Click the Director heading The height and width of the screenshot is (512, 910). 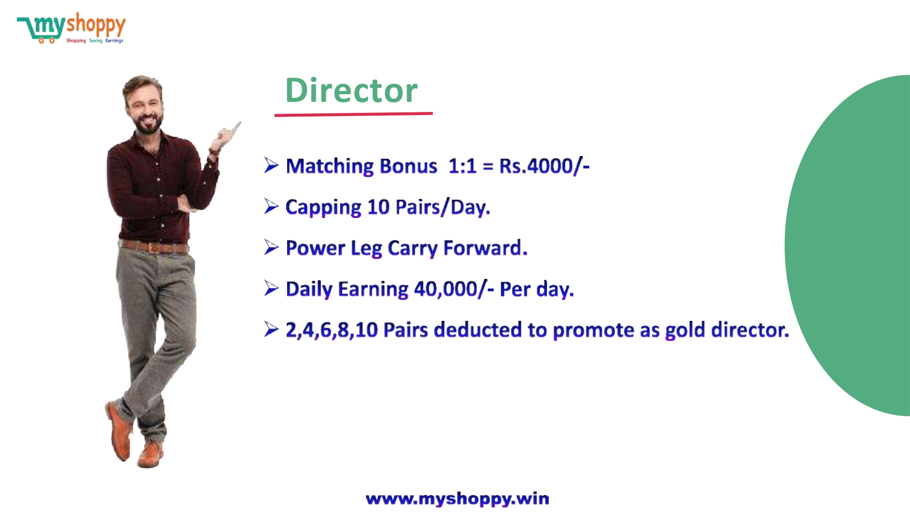[x=351, y=90]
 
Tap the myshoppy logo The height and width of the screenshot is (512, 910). [x=71, y=28]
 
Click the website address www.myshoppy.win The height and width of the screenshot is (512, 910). [x=457, y=499]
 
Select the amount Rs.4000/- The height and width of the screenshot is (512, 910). [x=544, y=166]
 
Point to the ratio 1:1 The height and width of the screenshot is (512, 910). [x=462, y=166]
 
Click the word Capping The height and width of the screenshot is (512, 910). [x=324, y=208]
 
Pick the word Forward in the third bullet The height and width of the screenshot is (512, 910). [x=485, y=248]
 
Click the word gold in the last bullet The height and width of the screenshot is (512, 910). [x=685, y=330]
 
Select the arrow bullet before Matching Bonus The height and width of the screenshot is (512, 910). [x=271, y=165]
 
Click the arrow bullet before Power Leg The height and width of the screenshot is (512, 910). [x=271, y=247]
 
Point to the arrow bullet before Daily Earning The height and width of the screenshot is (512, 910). [x=271, y=288]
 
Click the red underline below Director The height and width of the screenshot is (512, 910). [x=354, y=114]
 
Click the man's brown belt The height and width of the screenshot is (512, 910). [x=154, y=247]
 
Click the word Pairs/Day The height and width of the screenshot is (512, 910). [x=443, y=208]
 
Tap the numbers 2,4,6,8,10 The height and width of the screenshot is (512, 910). [x=332, y=330]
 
